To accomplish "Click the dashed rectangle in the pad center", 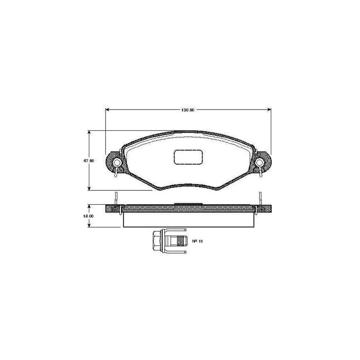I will (x=189, y=157).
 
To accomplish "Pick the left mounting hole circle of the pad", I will (x=117, y=162).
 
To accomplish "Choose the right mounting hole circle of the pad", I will (x=260, y=162).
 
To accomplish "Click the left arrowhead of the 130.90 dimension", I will (x=107, y=109).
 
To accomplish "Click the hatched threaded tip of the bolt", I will (x=181, y=242).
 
